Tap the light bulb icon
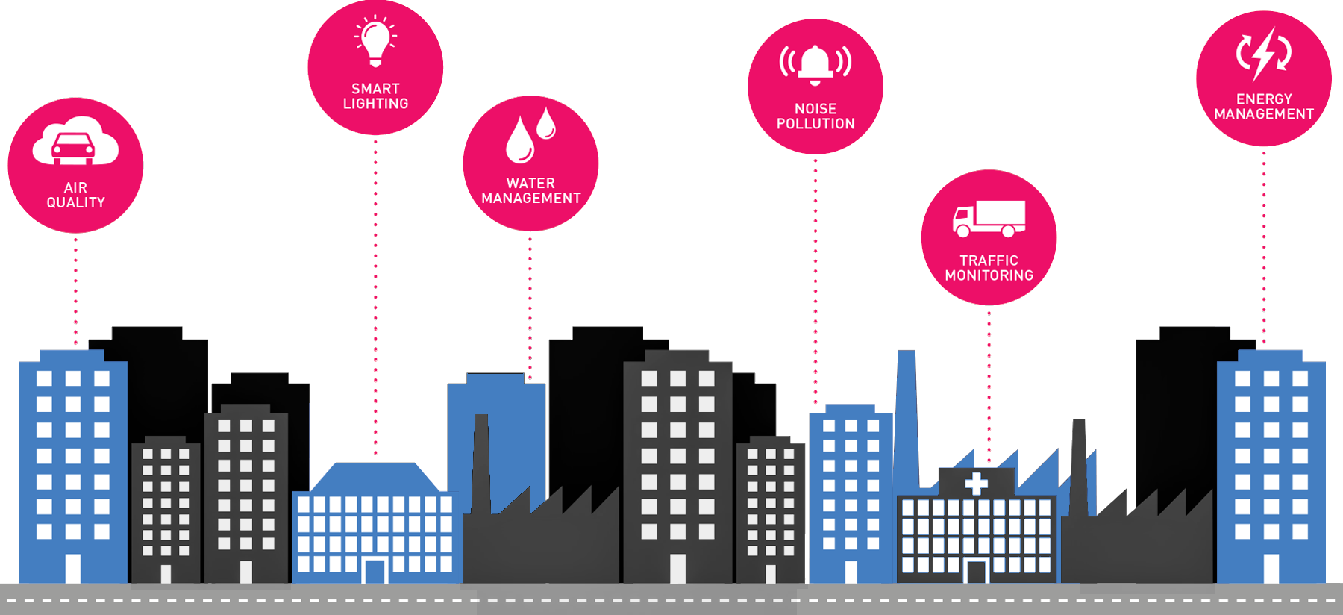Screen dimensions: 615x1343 pos(375,42)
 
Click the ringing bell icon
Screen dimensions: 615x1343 pos(815,63)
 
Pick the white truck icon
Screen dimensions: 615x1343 pos(989,219)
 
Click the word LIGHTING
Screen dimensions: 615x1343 pos(375,104)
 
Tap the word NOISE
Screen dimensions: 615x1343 pos(815,109)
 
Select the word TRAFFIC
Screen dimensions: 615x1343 pos(989,260)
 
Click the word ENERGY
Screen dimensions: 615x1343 pos(1264,99)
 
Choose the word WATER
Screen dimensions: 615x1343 pos(530,184)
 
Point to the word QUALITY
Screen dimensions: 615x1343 pos(75,203)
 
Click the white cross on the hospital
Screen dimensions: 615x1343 pos(976,483)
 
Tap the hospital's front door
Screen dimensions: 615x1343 pos(976,572)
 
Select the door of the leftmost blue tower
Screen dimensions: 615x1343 pos(73,568)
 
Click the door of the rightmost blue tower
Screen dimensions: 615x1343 pos(1271,568)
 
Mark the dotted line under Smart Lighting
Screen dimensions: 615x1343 pos(375,299)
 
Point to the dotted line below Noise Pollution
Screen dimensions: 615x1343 pos(815,284)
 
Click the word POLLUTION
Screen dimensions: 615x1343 pos(815,124)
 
